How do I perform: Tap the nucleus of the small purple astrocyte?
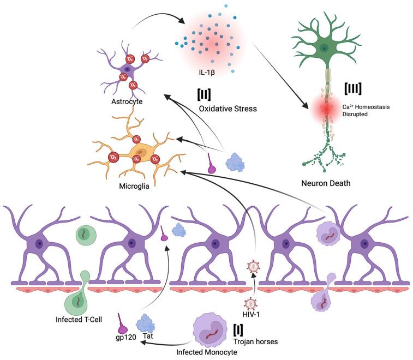tap(127, 69)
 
